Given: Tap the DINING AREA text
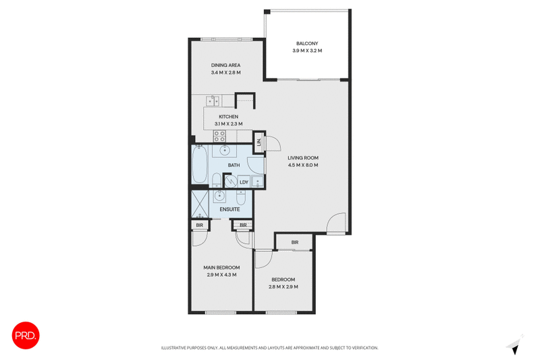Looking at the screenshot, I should [225, 65].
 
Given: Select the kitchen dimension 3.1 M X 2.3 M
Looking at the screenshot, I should [228, 124].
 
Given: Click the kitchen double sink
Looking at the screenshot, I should [213, 102].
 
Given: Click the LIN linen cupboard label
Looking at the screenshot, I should [259, 143].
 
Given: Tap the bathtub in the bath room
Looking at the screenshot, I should [200, 166].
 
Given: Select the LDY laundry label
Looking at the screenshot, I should [244, 182].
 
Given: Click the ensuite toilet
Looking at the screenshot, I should [241, 199].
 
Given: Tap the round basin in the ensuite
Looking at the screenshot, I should [219, 197].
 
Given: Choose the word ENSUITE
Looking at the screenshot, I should [230, 209].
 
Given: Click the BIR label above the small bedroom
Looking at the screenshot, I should [295, 242].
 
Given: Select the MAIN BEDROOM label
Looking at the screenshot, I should [221, 267].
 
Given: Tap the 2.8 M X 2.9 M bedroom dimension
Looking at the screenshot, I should [283, 286].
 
